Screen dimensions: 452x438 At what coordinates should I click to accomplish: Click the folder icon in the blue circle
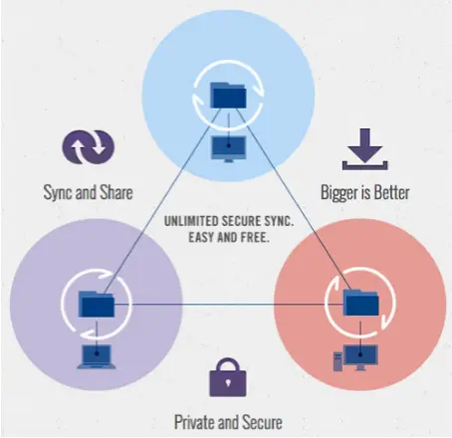[x=228, y=96]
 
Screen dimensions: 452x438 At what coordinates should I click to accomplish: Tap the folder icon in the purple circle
[x=97, y=304]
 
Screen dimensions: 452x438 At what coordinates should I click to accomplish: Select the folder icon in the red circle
[x=360, y=303]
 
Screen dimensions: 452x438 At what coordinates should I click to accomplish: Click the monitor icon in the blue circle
[x=229, y=149]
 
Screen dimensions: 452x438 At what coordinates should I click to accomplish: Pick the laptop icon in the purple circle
[x=97, y=356]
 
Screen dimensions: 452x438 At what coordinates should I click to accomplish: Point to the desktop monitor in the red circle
[x=361, y=357]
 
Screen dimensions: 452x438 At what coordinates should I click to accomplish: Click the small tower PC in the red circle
[x=338, y=361]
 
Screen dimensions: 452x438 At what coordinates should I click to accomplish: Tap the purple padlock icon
[x=228, y=377]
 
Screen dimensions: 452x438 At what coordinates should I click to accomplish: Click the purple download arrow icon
[x=365, y=149]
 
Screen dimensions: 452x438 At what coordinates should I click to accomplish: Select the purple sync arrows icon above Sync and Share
[x=89, y=146]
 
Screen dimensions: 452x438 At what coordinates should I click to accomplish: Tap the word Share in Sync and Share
[x=116, y=192]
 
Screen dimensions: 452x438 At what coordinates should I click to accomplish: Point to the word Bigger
[x=339, y=193]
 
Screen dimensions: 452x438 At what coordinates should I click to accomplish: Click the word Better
[x=392, y=192]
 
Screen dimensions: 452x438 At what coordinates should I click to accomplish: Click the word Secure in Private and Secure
[x=262, y=422]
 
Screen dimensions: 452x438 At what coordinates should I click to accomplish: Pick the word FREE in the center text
[x=255, y=238]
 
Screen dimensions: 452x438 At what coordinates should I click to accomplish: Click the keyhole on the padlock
[x=228, y=383]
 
